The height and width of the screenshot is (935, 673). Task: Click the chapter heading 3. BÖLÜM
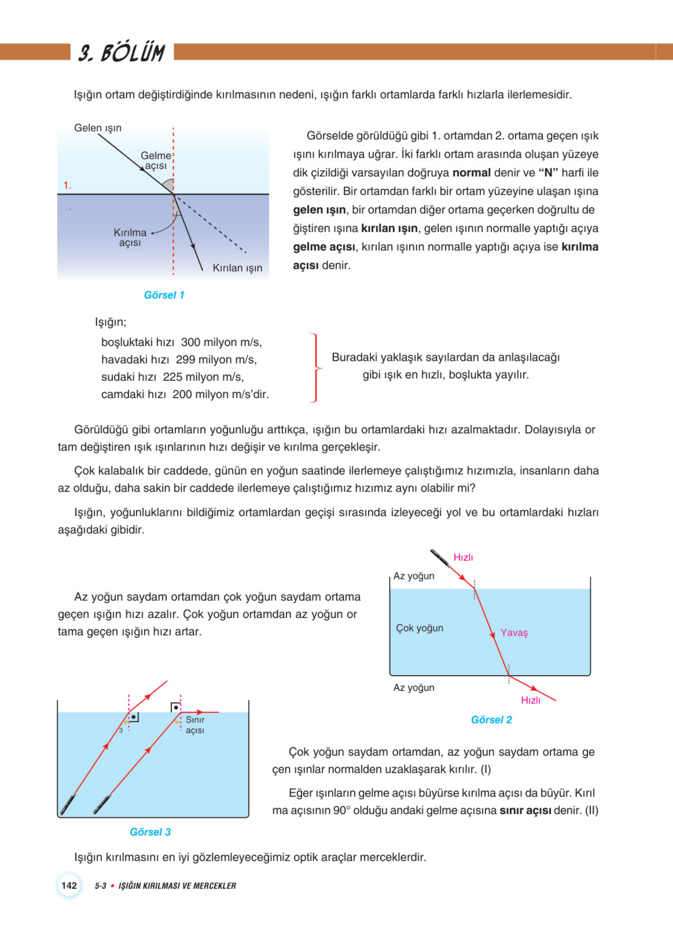[121, 53]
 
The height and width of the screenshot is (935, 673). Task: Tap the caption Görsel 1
[164, 295]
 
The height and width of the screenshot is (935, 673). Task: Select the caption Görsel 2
[491, 719]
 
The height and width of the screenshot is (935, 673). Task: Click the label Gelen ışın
[98, 128]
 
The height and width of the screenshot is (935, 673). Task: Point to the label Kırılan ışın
[238, 268]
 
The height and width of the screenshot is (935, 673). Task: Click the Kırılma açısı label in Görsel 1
[130, 238]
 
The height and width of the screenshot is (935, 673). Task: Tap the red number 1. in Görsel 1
[67, 186]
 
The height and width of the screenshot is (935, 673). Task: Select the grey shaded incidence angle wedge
[168, 187]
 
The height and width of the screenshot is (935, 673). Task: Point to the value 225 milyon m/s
[203, 377]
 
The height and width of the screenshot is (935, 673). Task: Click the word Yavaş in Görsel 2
[514, 633]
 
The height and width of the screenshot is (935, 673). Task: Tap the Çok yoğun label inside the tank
[419, 628]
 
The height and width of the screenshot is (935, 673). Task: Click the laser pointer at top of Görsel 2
[440, 558]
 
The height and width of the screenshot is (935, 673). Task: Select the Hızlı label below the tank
[530, 700]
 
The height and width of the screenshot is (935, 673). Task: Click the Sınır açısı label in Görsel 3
[195, 725]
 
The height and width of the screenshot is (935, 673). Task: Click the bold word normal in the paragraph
[471, 173]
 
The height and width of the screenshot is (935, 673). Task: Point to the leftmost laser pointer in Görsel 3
[67, 803]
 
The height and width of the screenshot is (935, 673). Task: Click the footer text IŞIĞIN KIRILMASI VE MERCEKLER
[177, 886]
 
